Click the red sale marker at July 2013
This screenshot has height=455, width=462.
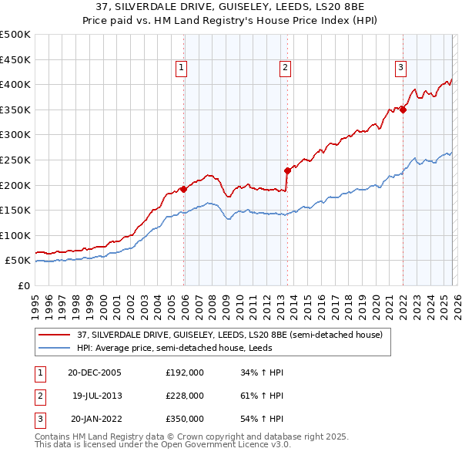point(287,170)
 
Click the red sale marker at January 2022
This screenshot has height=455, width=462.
point(403,110)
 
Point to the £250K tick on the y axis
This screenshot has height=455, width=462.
point(15,160)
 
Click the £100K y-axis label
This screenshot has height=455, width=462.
point(15,235)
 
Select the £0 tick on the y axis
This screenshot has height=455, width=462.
point(23,286)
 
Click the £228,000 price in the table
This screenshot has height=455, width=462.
point(185,396)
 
